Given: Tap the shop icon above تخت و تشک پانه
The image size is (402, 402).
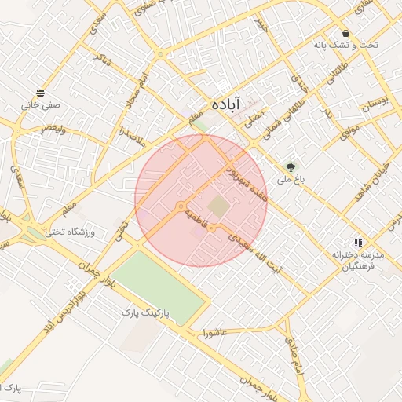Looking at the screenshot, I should tap(345, 33).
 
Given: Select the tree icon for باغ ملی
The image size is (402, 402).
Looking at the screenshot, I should tap(291, 167).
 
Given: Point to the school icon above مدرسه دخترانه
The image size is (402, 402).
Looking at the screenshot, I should tap(358, 243).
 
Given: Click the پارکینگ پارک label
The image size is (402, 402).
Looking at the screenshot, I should tap(144, 312).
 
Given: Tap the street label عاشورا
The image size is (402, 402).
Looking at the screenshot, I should tap(213, 331).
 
